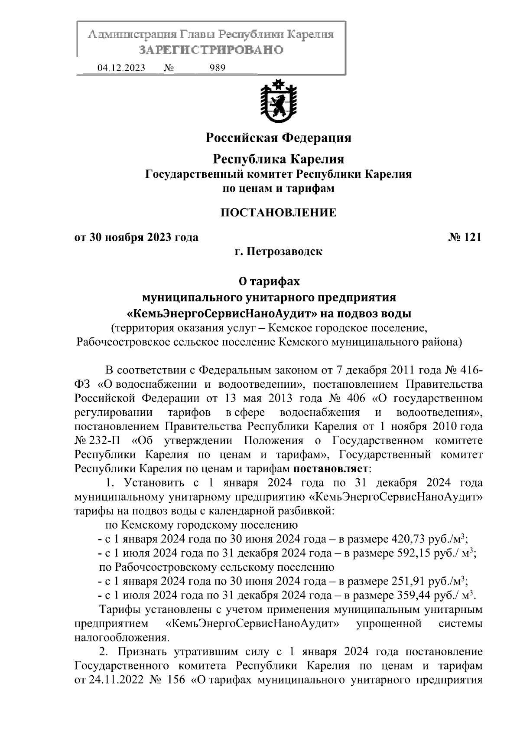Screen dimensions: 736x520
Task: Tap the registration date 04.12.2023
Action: tap(121, 68)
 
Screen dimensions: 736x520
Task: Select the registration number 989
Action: tap(217, 68)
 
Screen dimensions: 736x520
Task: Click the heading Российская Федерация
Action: tap(278, 138)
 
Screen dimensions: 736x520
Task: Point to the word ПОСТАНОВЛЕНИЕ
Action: tap(278, 213)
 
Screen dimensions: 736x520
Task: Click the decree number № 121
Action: tap(464, 237)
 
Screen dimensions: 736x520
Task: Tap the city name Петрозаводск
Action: tap(284, 251)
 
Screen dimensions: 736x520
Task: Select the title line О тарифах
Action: tap(269, 281)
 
